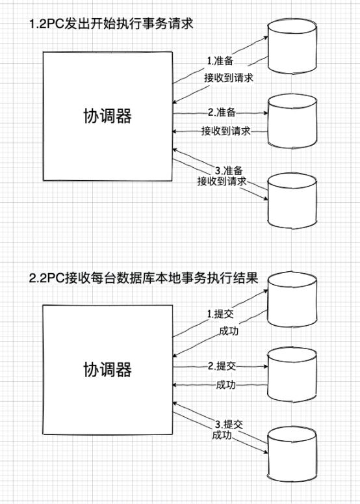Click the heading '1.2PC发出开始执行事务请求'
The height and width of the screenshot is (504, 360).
pyautogui.click(x=111, y=24)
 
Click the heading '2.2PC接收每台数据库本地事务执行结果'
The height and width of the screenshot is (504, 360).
pyautogui.click(x=144, y=278)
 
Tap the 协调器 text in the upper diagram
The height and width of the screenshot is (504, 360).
pyautogui.click(x=108, y=116)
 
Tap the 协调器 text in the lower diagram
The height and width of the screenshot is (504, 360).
pyautogui.click(x=108, y=369)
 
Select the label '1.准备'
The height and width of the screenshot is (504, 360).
pyautogui.click(x=220, y=60)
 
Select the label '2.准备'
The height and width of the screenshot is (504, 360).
pyautogui.click(x=222, y=113)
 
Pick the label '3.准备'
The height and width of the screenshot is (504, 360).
pyautogui.click(x=229, y=170)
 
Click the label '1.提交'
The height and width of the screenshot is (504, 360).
pyautogui.click(x=220, y=314)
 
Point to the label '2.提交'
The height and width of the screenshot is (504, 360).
pyautogui.click(x=222, y=365)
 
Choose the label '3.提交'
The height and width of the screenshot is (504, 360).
pyautogui.click(x=229, y=424)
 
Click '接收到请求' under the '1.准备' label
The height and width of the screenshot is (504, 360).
pyautogui.click(x=229, y=77)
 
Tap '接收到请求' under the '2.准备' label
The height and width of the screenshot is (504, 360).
pyautogui.click(x=225, y=131)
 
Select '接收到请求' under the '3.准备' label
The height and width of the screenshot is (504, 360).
pyautogui.click(x=222, y=181)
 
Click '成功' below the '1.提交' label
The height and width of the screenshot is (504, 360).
pyautogui.click(x=229, y=331)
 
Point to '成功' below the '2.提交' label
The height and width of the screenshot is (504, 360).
pyautogui.click(x=225, y=384)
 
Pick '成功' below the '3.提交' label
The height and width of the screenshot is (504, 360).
pyautogui.click(x=222, y=435)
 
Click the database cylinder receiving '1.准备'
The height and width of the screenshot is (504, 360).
pyautogui.click(x=292, y=46)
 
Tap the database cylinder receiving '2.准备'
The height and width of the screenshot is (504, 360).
pyautogui.click(x=292, y=121)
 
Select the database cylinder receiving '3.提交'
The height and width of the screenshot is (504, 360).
pyautogui.click(x=292, y=454)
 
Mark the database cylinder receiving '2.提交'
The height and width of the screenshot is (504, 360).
pyautogui.click(x=292, y=375)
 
